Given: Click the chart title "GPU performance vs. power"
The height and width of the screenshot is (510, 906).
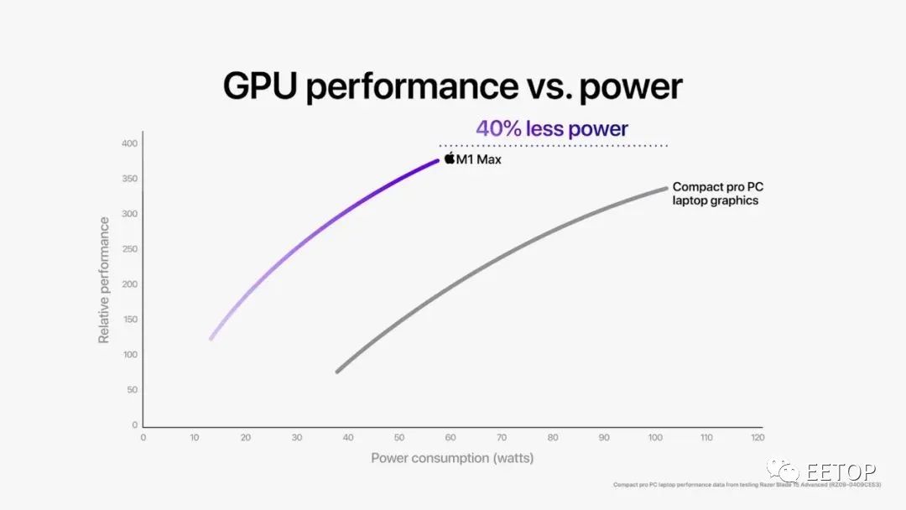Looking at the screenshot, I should pos(452,86).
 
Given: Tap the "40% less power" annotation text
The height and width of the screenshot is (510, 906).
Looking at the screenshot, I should pos(551,128).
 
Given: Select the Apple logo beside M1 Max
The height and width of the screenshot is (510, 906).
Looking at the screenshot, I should pos(450,159).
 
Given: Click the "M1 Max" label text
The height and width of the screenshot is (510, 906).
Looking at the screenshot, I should pos(479,159).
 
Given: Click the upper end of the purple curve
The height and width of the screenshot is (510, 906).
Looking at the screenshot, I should pos(437,160).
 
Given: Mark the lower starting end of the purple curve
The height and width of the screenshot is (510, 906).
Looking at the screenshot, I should pos(211,338).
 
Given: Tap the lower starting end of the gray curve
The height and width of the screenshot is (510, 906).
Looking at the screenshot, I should pos(337,371).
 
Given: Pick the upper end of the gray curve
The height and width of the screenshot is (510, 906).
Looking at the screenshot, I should pos(666,188).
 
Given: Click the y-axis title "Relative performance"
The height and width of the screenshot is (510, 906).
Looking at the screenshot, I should pos(104,280).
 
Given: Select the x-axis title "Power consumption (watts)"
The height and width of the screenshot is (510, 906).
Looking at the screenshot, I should pos(452,458).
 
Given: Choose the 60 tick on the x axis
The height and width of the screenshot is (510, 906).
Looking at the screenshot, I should pos(450,437).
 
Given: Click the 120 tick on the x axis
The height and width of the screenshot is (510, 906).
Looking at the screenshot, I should pos(757,437).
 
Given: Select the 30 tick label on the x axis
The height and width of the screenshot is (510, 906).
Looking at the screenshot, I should pos(296,437).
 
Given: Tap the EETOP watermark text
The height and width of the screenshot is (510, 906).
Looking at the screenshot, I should pos(841,471).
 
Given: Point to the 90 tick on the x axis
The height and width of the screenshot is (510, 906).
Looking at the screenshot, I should pos(603,437).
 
